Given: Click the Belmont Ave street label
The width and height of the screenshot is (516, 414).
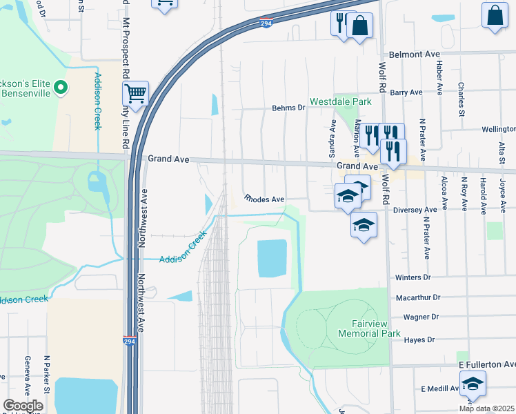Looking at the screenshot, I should point(414,54).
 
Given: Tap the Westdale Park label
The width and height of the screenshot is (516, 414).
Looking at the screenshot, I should point(340,101).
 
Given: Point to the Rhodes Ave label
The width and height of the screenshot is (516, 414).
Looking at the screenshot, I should point(265,199).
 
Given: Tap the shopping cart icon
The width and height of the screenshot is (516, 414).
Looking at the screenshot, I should point(136,92).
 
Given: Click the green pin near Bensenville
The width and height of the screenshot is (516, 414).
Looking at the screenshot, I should point(60,87).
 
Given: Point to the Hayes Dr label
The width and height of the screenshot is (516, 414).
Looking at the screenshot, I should point(419,340).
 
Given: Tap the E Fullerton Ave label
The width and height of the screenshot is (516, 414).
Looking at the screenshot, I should point(486,364).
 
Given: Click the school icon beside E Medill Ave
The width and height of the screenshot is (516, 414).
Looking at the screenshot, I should point(473,384).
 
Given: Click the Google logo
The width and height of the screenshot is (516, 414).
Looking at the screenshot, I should point(23,406).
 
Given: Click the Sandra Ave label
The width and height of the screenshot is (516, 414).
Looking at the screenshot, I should point(333,137).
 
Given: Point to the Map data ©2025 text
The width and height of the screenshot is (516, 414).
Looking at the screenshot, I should point(486,408).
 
